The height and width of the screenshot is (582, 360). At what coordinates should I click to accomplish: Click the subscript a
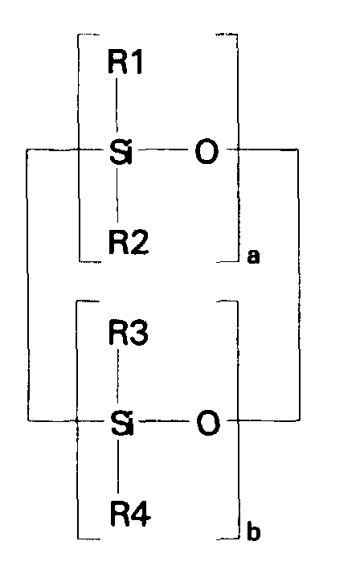(254, 258)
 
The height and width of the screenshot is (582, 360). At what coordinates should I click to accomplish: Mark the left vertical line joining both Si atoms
(28, 285)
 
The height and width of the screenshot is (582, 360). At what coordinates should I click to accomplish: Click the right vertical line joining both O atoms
(299, 285)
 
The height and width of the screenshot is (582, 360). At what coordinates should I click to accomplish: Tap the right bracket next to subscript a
(239, 148)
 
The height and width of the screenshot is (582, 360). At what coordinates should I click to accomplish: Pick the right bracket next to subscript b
(239, 418)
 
